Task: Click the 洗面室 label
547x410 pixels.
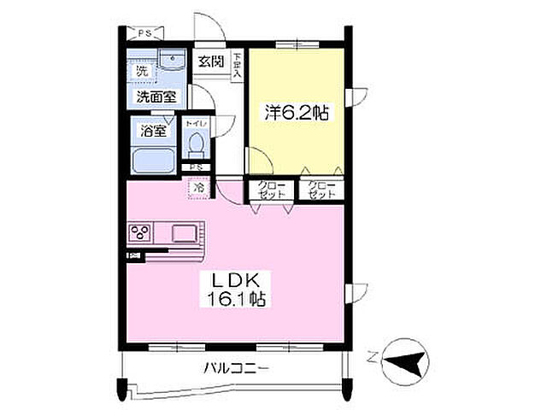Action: pos(156,97)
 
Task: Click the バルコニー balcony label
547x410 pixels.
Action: pos(237,369)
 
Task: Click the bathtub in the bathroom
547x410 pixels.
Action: pos(154,160)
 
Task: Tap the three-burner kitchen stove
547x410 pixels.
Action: pos(140,231)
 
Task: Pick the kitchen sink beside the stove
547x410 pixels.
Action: pos(184,231)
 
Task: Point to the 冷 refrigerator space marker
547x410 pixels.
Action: pos(198,188)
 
